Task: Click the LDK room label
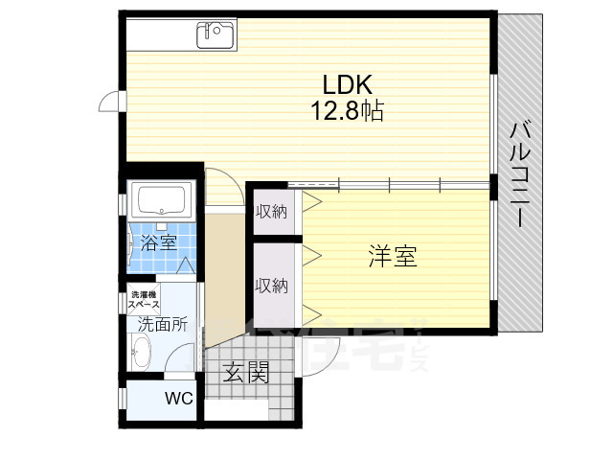pyautogui.click(x=333, y=83)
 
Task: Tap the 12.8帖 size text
pyautogui.click(x=346, y=111)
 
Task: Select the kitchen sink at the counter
pyautogui.click(x=216, y=34)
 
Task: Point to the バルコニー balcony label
pyautogui.click(x=521, y=172)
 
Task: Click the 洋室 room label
pyautogui.click(x=393, y=256)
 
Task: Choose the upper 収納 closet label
pyautogui.click(x=271, y=212)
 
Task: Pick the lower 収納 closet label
pyautogui.click(x=271, y=285)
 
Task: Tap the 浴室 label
pyautogui.click(x=158, y=241)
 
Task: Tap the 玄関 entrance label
pyautogui.click(x=246, y=373)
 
